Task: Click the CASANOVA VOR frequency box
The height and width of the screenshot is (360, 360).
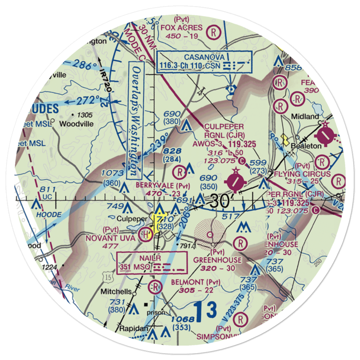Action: point(204,61)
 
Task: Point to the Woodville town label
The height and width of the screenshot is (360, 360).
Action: point(76,124)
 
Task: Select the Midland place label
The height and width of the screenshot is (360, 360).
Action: point(305,117)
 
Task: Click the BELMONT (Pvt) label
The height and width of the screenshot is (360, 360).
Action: point(197,281)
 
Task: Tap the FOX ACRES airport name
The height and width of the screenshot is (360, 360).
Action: point(182,28)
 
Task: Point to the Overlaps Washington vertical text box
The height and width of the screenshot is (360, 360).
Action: point(135,120)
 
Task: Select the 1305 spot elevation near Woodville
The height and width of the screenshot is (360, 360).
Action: point(84,115)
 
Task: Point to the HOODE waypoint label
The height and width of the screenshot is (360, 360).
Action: point(49,215)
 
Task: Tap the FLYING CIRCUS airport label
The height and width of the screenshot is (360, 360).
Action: point(306,174)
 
